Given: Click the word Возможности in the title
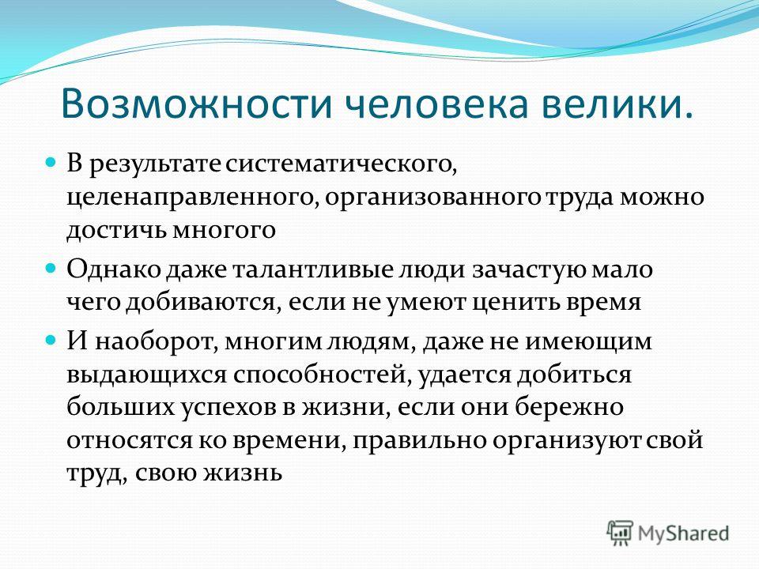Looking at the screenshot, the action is [196, 103].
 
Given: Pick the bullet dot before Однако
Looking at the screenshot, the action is [51, 268].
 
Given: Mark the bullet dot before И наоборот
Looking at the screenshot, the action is [51, 340].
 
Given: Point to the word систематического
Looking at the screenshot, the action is [341, 164].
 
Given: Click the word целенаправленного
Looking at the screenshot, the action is [193, 198].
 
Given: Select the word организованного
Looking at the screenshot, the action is [432, 198].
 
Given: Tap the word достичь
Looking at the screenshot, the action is [116, 229].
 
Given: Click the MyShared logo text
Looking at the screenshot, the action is [683, 533].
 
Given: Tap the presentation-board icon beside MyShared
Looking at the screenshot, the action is [620, 533].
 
